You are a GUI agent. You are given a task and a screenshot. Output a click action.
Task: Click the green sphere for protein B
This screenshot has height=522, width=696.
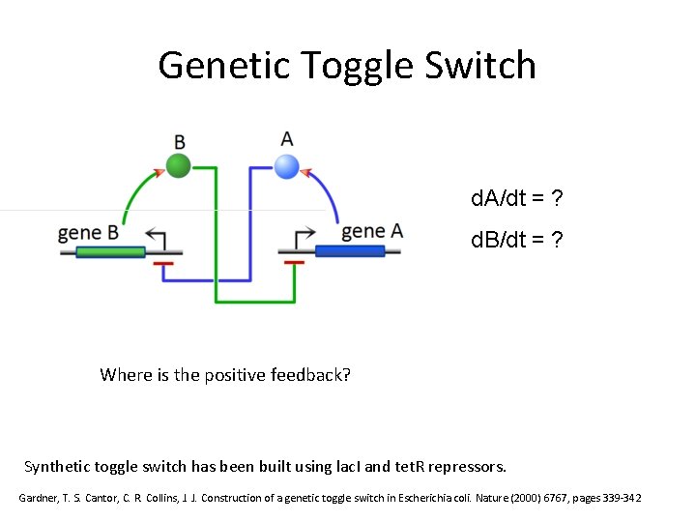tap(178, 166)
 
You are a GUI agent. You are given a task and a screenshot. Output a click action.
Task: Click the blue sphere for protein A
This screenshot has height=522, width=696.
tap(286, 166)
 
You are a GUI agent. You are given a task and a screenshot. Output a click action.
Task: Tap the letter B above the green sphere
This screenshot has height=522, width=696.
tap(179, 141)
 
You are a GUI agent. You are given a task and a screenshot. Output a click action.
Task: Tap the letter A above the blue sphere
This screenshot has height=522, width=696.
tap(286, 139)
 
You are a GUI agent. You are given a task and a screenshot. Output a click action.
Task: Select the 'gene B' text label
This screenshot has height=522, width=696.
tap(88, 233)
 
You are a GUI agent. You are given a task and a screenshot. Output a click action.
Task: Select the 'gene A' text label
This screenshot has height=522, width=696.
tap(372, 231)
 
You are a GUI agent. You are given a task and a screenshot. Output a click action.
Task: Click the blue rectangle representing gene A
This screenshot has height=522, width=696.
tap(349, 251)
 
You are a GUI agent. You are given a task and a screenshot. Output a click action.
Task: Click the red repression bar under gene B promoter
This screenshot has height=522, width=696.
tap(163, 262)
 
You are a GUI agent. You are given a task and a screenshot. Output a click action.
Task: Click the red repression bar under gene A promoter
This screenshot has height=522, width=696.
tap(294, 262)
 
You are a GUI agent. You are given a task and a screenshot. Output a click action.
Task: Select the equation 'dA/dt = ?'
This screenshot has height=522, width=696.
tap(517, 199)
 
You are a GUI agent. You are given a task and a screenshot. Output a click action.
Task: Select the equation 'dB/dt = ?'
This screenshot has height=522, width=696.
tap(517, 240)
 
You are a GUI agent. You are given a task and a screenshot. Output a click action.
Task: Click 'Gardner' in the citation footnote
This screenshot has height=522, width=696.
tap(43, 498)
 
